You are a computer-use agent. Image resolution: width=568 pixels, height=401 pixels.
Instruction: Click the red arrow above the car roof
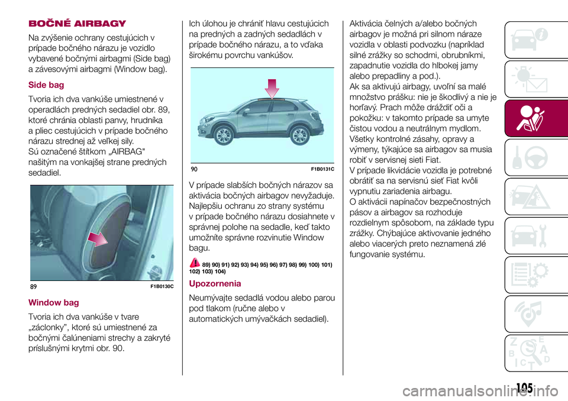click(272, 89)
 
